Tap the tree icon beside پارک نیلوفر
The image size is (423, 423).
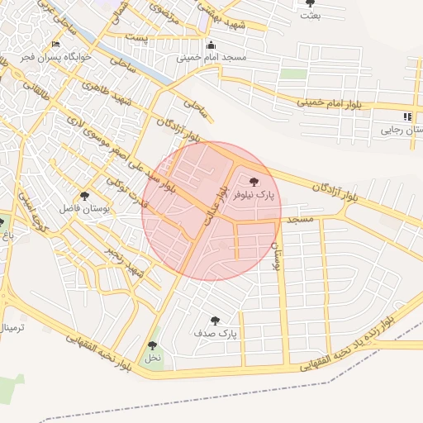click(x=253, y=181)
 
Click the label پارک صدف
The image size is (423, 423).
click(x=216, y=334)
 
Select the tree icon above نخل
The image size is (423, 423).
click(x=152, y=345)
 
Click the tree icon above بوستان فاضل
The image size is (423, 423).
click(x=85, y=195)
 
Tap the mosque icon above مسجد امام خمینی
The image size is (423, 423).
click(x=211, y=45)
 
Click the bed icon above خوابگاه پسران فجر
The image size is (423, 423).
click(x=55, y=45)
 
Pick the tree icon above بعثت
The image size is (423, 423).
click(x=310, y=2)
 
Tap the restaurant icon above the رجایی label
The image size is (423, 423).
click(x=406, y=117)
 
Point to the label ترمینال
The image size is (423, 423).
click(x=13, y=327)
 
